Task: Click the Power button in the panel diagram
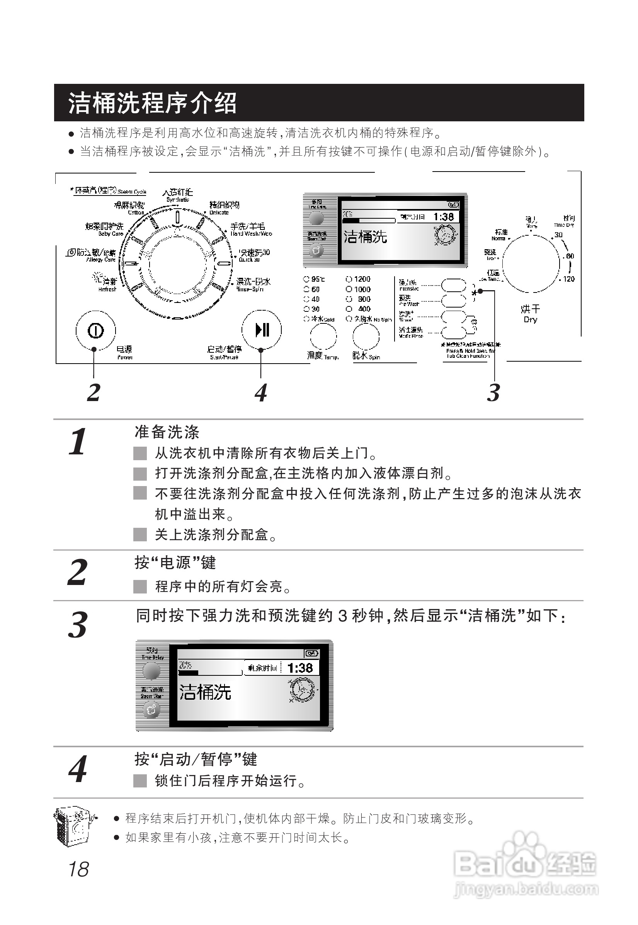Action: pyautogui.click(x=95, y=330)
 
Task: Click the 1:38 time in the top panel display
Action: pyautogui.click(x=443, y=217)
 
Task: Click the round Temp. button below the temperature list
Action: pyautogui.click(x=323, y=336)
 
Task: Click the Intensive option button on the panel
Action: pyautogui.click(x=454, y=286)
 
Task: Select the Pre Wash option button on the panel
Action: pyautogui.click(x=454, y=301)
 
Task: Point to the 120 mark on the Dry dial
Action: pyautogui.click(x=568, y=279)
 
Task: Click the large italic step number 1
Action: pyautogui.click(x=78, y=442)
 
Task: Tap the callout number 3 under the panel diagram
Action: pyautogui.click(x=493, y=393)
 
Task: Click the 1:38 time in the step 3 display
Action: pyautogui.click(x=300, y=668)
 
